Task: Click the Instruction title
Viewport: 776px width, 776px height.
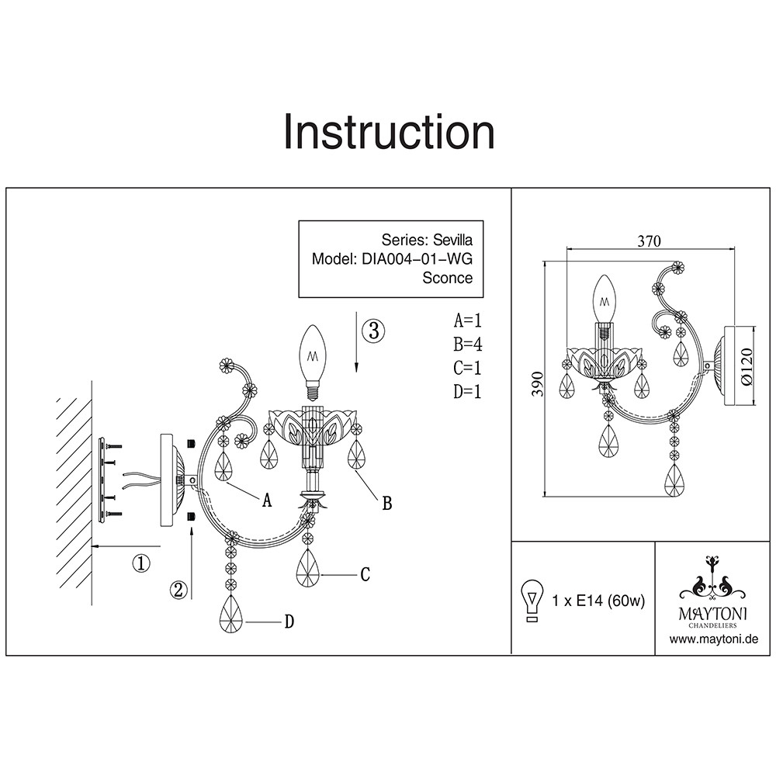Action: coord(389,132)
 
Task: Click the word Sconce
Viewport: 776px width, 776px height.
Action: coord(447,278)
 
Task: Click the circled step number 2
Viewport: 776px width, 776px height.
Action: coord(179,590)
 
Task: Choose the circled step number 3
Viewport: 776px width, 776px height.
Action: coord(373,331)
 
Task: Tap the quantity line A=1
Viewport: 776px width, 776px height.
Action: coord(468,320)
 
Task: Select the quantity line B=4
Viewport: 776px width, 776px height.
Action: coord(468,345)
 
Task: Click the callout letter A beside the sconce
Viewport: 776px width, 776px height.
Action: coord(267,501)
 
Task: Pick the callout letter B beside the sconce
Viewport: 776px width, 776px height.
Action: coord(386,504)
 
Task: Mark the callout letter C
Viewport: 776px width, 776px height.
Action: coord(364,575)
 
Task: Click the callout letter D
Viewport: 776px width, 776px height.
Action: coord(288,622)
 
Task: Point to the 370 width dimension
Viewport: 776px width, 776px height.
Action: coord(650,241)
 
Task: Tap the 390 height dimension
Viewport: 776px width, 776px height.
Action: coord(536,383)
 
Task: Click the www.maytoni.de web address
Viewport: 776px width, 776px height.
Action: coord(713,639)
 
